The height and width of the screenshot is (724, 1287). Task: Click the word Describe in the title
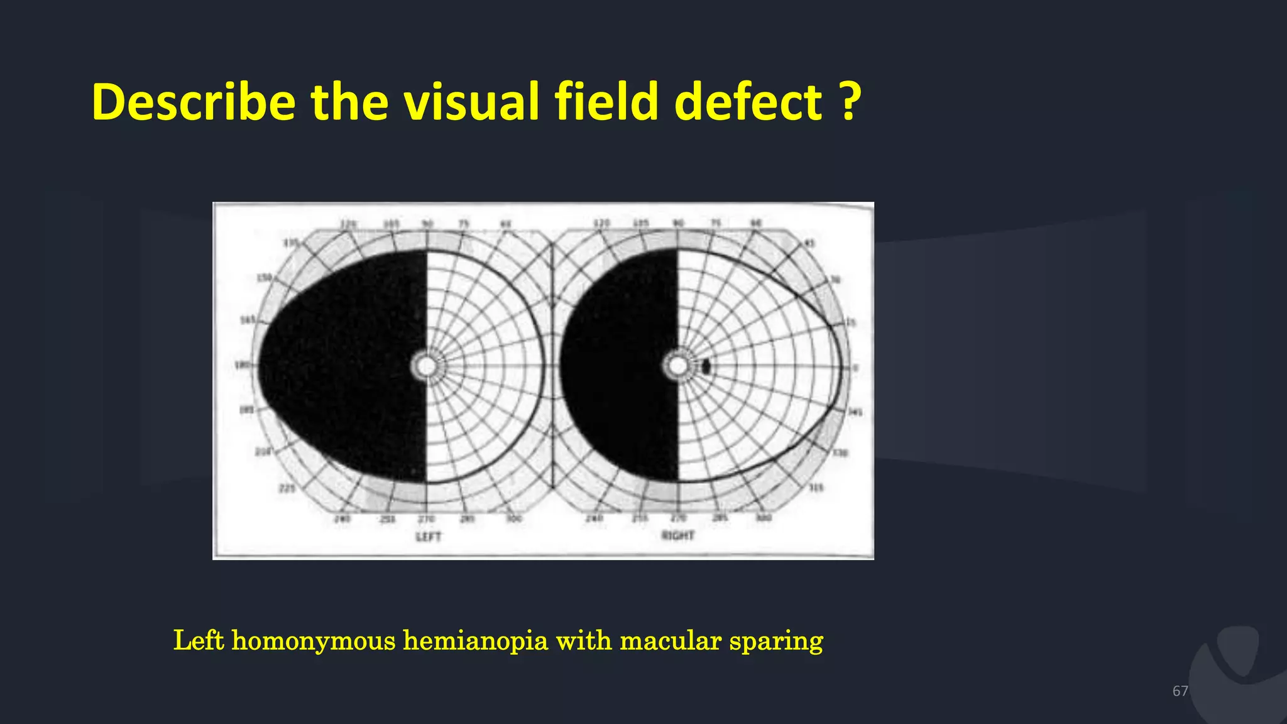pyautogui.click(x=194, y=102)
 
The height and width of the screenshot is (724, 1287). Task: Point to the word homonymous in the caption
pyautogui.click(x=314, y=641)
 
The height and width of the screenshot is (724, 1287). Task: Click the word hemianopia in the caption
pyautogui.click(x=475, y=641)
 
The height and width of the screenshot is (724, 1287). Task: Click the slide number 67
pyautogui.click(x=1180, y=691)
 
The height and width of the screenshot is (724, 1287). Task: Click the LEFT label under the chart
pyautogui.click(x=429, y=537)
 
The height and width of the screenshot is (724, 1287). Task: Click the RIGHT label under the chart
pyautogui.click(x=678, y=535)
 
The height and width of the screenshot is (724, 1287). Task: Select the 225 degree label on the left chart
pyautogui.click(x=287, y=488)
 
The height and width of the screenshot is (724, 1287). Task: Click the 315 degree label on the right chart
pyautogui.click(x=816, y=488)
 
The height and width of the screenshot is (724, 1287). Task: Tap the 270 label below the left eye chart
pyautogui.click(x=426, y=519)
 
